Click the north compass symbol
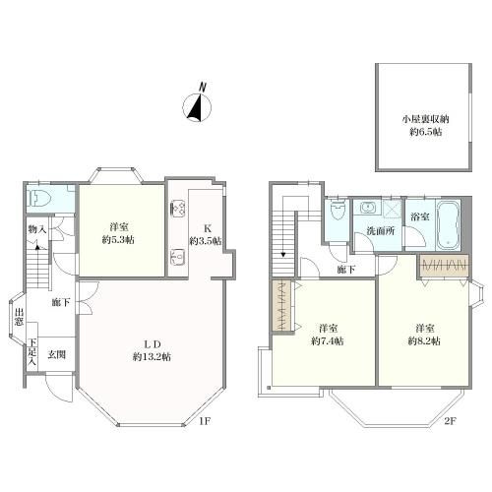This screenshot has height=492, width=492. [x=197, y=104]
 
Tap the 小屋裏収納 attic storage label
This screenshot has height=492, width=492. [x=425, y=119]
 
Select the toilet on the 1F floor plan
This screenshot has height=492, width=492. [x=39, y=198]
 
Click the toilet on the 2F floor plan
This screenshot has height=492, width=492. [x=338, y=211]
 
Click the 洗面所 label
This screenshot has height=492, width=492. [x=380, y=231]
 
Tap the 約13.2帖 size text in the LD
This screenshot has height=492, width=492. [x=152, y=357]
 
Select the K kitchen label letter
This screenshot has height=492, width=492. [x=207, y=228]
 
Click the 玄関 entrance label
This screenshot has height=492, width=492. [x=57, y=354]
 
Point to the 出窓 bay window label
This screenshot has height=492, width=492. [x=19, y=317]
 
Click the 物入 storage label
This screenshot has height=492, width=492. [x=37, y=229]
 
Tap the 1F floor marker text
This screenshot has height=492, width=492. [x=204, y=421]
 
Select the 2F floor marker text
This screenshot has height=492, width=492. [x=450, y=421]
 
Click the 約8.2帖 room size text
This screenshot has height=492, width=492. [x=424, y=341]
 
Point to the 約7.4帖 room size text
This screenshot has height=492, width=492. [x=328, y=341]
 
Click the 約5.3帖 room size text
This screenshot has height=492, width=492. [x=118, y=240]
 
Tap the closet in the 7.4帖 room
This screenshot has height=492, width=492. [x=281, y=306]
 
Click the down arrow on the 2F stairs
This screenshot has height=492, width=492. [x=283, y=255]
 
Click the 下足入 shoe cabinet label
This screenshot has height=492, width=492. [x=32, y=352]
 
